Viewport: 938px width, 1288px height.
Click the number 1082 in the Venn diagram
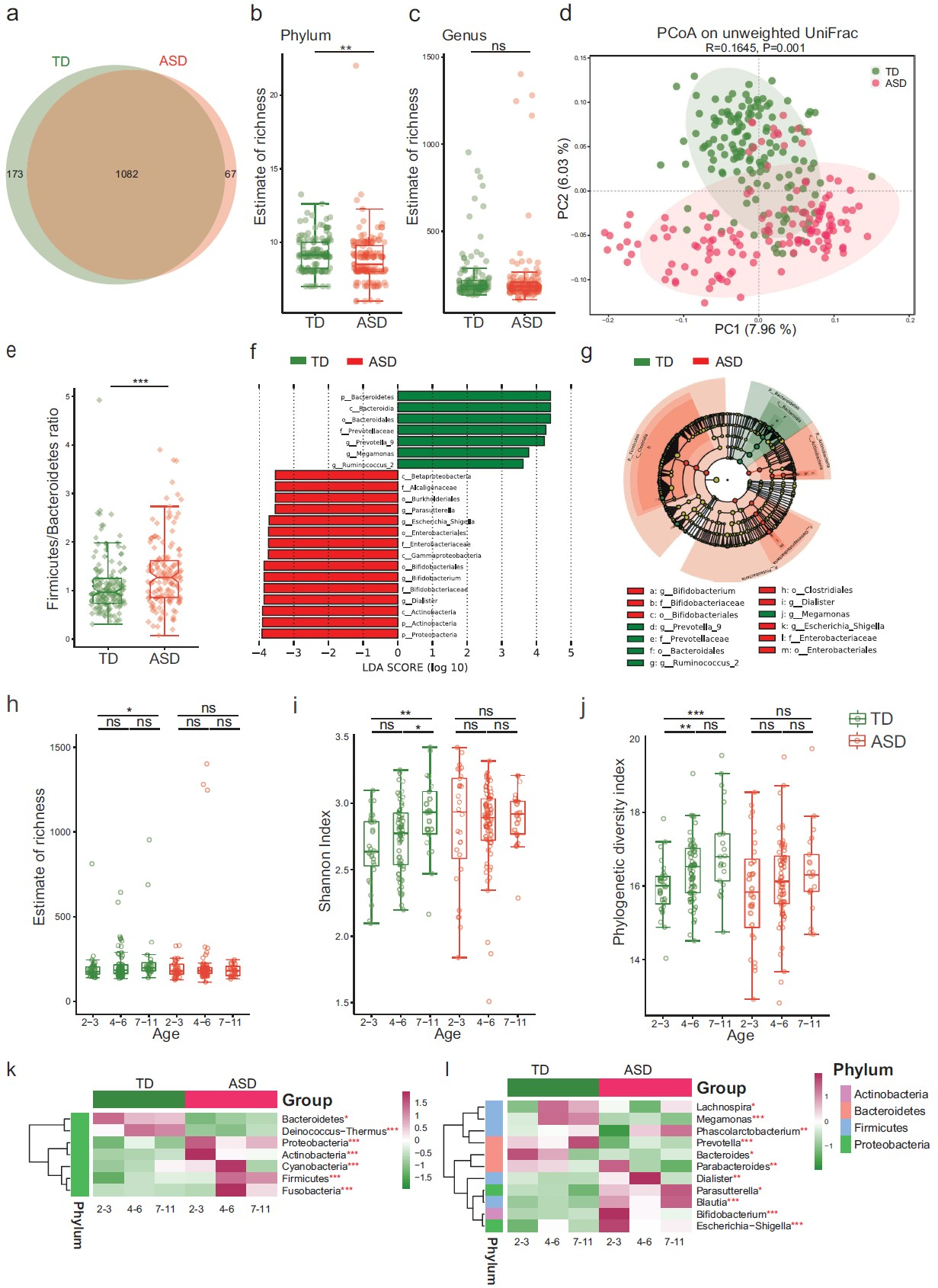point(126,175)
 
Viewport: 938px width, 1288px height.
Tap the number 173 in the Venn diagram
point(14,175)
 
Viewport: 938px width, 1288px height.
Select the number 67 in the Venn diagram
point(230,175)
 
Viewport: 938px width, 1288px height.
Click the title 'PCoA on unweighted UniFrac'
point(757,34)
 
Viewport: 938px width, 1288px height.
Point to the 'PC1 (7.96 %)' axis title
point(754,329)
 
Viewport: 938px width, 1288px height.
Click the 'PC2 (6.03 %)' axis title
point(564,179)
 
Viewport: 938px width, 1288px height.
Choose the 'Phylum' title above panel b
point(306,36)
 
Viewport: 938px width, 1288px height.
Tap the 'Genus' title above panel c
point(464,36)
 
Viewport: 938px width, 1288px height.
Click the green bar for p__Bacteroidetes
point(473,396)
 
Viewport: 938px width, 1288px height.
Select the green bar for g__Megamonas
point(463,453)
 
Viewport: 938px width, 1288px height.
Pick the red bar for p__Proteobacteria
point(329,634)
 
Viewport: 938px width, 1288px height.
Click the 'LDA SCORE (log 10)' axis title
point(415,668)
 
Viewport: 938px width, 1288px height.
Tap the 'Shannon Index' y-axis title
point(325,860)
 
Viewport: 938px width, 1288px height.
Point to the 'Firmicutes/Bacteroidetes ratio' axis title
point(53,508)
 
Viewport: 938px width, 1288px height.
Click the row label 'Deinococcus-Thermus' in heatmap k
point(335,1131)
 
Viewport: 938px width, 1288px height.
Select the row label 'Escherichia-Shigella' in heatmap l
point(743,1226)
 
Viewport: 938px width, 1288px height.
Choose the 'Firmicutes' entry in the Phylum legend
point(880,1128)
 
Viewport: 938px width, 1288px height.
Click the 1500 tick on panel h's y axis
point(61,748)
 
